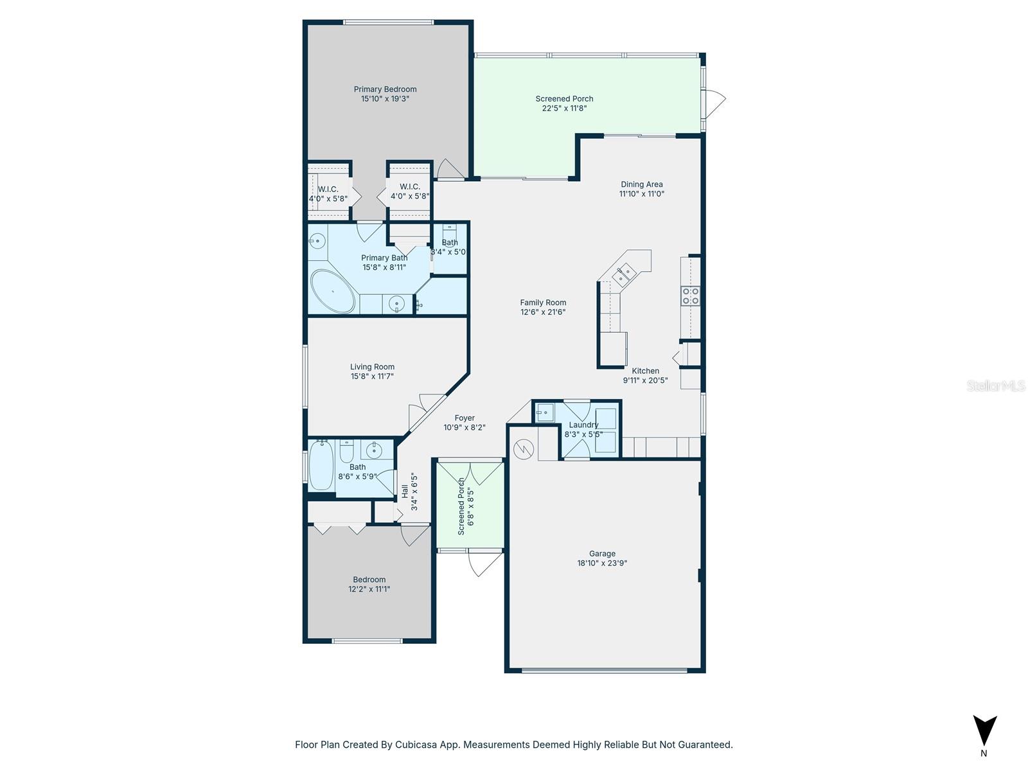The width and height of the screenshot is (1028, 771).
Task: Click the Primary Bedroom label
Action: click(x=385, y=89)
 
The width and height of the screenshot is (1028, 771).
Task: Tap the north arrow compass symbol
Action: click(x=984, y=731)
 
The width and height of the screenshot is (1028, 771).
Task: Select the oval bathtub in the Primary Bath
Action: click(x=333, y=291)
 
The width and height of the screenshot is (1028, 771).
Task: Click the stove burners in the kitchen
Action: click(x=691, y=296)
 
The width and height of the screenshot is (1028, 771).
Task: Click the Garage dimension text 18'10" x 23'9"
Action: click(x=602, y=563)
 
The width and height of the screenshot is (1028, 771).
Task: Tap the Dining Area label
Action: click(x=641, y=184)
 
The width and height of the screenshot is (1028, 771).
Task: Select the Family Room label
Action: click(x=543, y=303)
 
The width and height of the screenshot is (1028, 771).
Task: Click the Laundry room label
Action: click(x=583, y=425)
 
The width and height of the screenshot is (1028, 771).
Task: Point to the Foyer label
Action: click(x=465, y=418)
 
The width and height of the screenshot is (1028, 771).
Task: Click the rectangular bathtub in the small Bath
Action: click(x=321, y=466)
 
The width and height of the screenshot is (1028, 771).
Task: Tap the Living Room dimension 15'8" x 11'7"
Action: click(x=372, y=377)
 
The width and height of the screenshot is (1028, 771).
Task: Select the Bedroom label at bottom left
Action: click(x=369, y=580)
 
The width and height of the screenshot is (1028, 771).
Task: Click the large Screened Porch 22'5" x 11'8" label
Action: click(x=564, y=99)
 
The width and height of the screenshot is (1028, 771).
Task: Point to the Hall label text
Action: click(x=405, y=492)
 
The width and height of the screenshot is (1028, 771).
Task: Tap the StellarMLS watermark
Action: click(x=996, y=385)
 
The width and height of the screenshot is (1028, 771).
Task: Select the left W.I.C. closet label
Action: click(x=328, y=189)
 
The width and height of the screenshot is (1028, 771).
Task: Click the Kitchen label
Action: click(x=645, y=371)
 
